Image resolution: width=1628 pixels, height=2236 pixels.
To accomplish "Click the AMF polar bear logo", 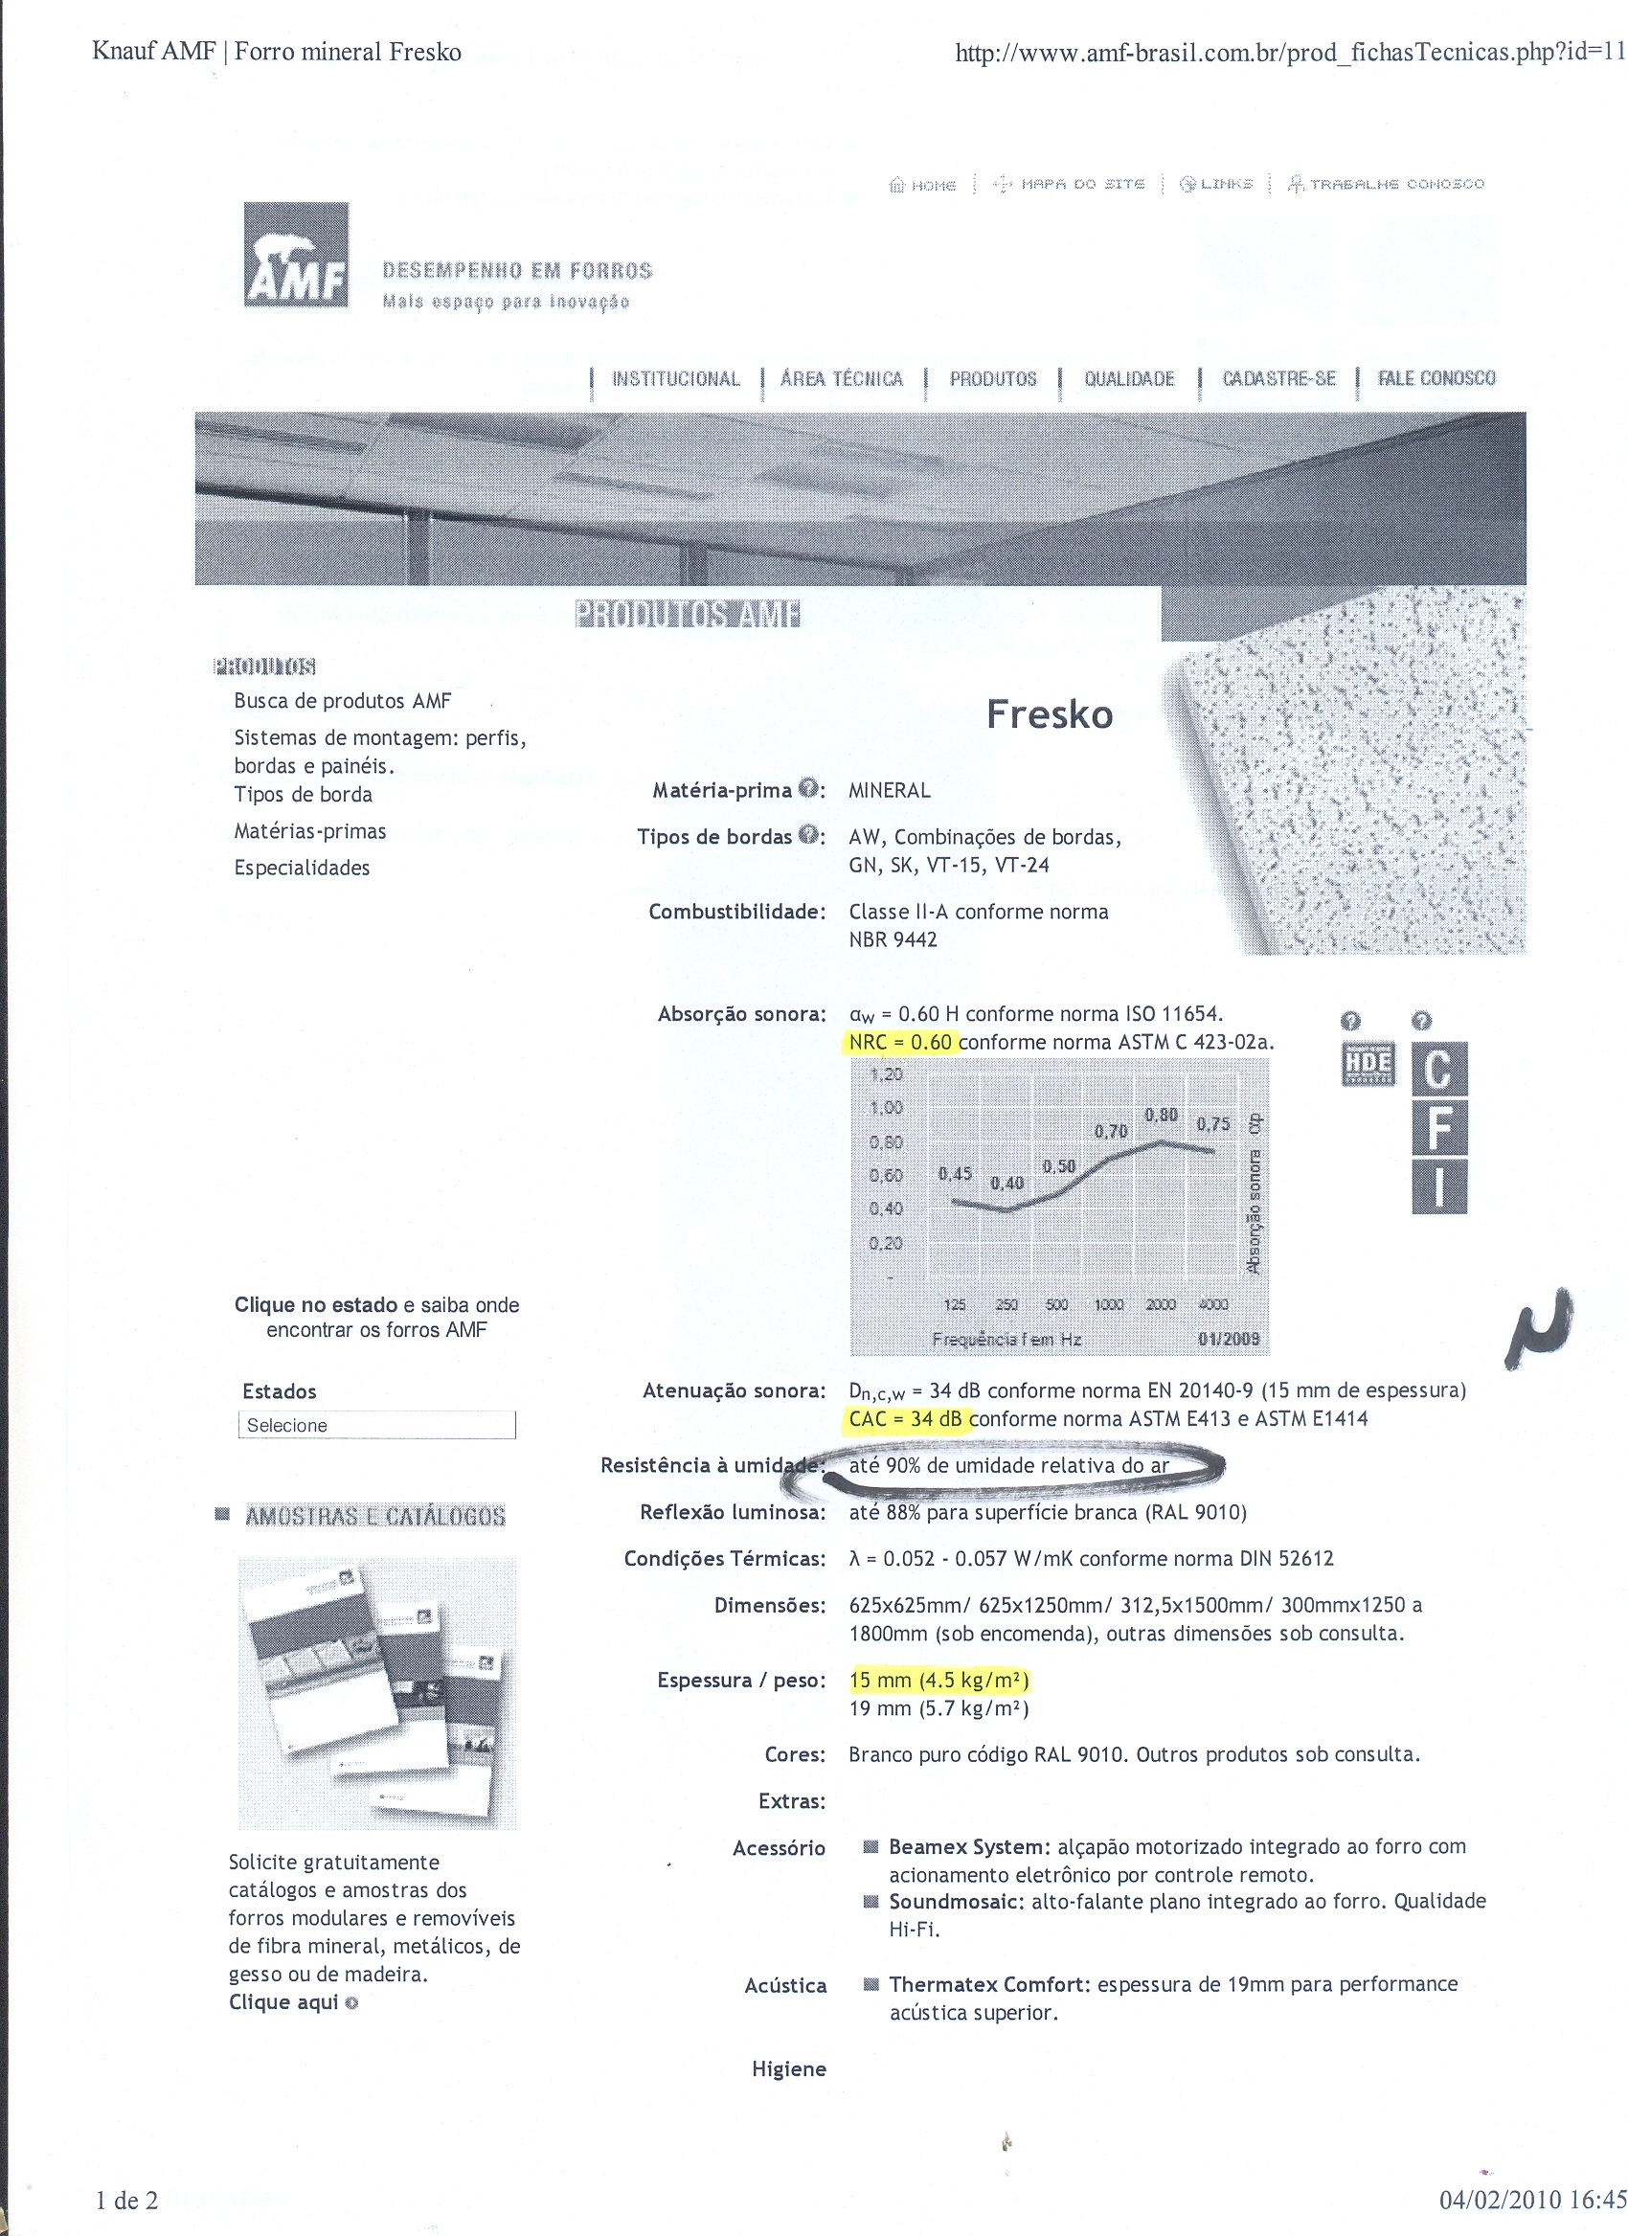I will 296,255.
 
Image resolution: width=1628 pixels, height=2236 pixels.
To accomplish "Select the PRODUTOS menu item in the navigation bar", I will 992,379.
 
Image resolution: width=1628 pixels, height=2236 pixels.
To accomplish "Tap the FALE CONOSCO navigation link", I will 1436,378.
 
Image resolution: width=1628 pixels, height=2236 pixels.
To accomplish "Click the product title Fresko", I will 1050,713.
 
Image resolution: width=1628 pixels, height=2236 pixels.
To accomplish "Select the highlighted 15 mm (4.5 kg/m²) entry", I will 938,1680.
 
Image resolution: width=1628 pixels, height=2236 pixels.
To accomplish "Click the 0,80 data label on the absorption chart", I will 1161,1115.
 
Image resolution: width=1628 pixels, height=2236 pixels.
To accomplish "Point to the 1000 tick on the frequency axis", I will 1108,1304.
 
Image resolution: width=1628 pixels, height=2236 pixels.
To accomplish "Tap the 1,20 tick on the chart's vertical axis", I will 886,1074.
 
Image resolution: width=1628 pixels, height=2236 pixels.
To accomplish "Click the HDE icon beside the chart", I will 1368,1064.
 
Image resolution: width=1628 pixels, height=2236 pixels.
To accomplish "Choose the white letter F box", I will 1438,1127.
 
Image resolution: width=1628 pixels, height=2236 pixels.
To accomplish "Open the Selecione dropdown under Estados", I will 376,1425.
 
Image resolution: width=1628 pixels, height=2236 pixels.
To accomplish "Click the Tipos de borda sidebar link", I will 303,795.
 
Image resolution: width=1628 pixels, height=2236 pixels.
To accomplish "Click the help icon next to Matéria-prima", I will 808,789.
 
